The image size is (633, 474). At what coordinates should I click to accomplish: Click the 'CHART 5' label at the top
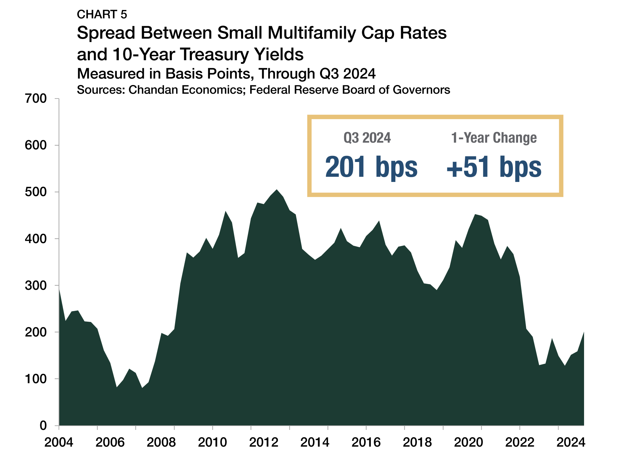102,14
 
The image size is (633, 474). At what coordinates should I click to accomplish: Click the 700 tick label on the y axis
35,99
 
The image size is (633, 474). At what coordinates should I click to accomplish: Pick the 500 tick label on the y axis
35,192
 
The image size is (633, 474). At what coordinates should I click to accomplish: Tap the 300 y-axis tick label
35,285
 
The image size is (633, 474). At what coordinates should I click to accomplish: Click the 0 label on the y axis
43,425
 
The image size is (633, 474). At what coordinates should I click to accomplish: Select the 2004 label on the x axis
59,442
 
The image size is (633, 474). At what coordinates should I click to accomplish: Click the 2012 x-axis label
264,442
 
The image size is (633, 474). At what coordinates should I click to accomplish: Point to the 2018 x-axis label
417,442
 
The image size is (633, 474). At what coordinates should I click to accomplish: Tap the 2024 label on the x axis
571,442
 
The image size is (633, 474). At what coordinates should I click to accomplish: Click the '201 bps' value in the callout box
371,167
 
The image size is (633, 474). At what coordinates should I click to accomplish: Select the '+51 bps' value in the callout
494,167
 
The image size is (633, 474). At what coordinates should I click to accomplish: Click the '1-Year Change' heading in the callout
494,138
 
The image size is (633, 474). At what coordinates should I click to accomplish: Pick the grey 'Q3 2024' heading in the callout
367,138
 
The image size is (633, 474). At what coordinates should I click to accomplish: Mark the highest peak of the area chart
277,190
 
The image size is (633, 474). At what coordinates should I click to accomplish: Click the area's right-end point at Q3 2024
584,332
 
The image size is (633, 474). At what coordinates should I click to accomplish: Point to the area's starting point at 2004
59,289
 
